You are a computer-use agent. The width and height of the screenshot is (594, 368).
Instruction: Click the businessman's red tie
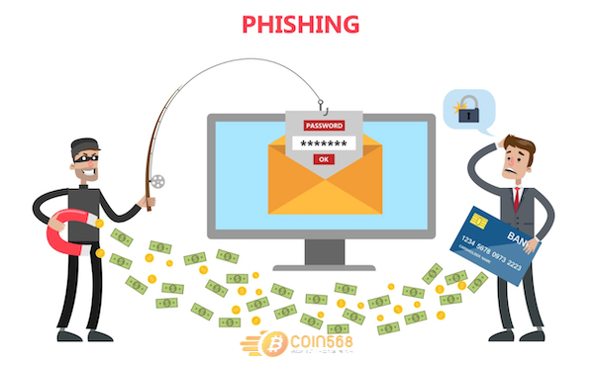pos(518,197)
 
